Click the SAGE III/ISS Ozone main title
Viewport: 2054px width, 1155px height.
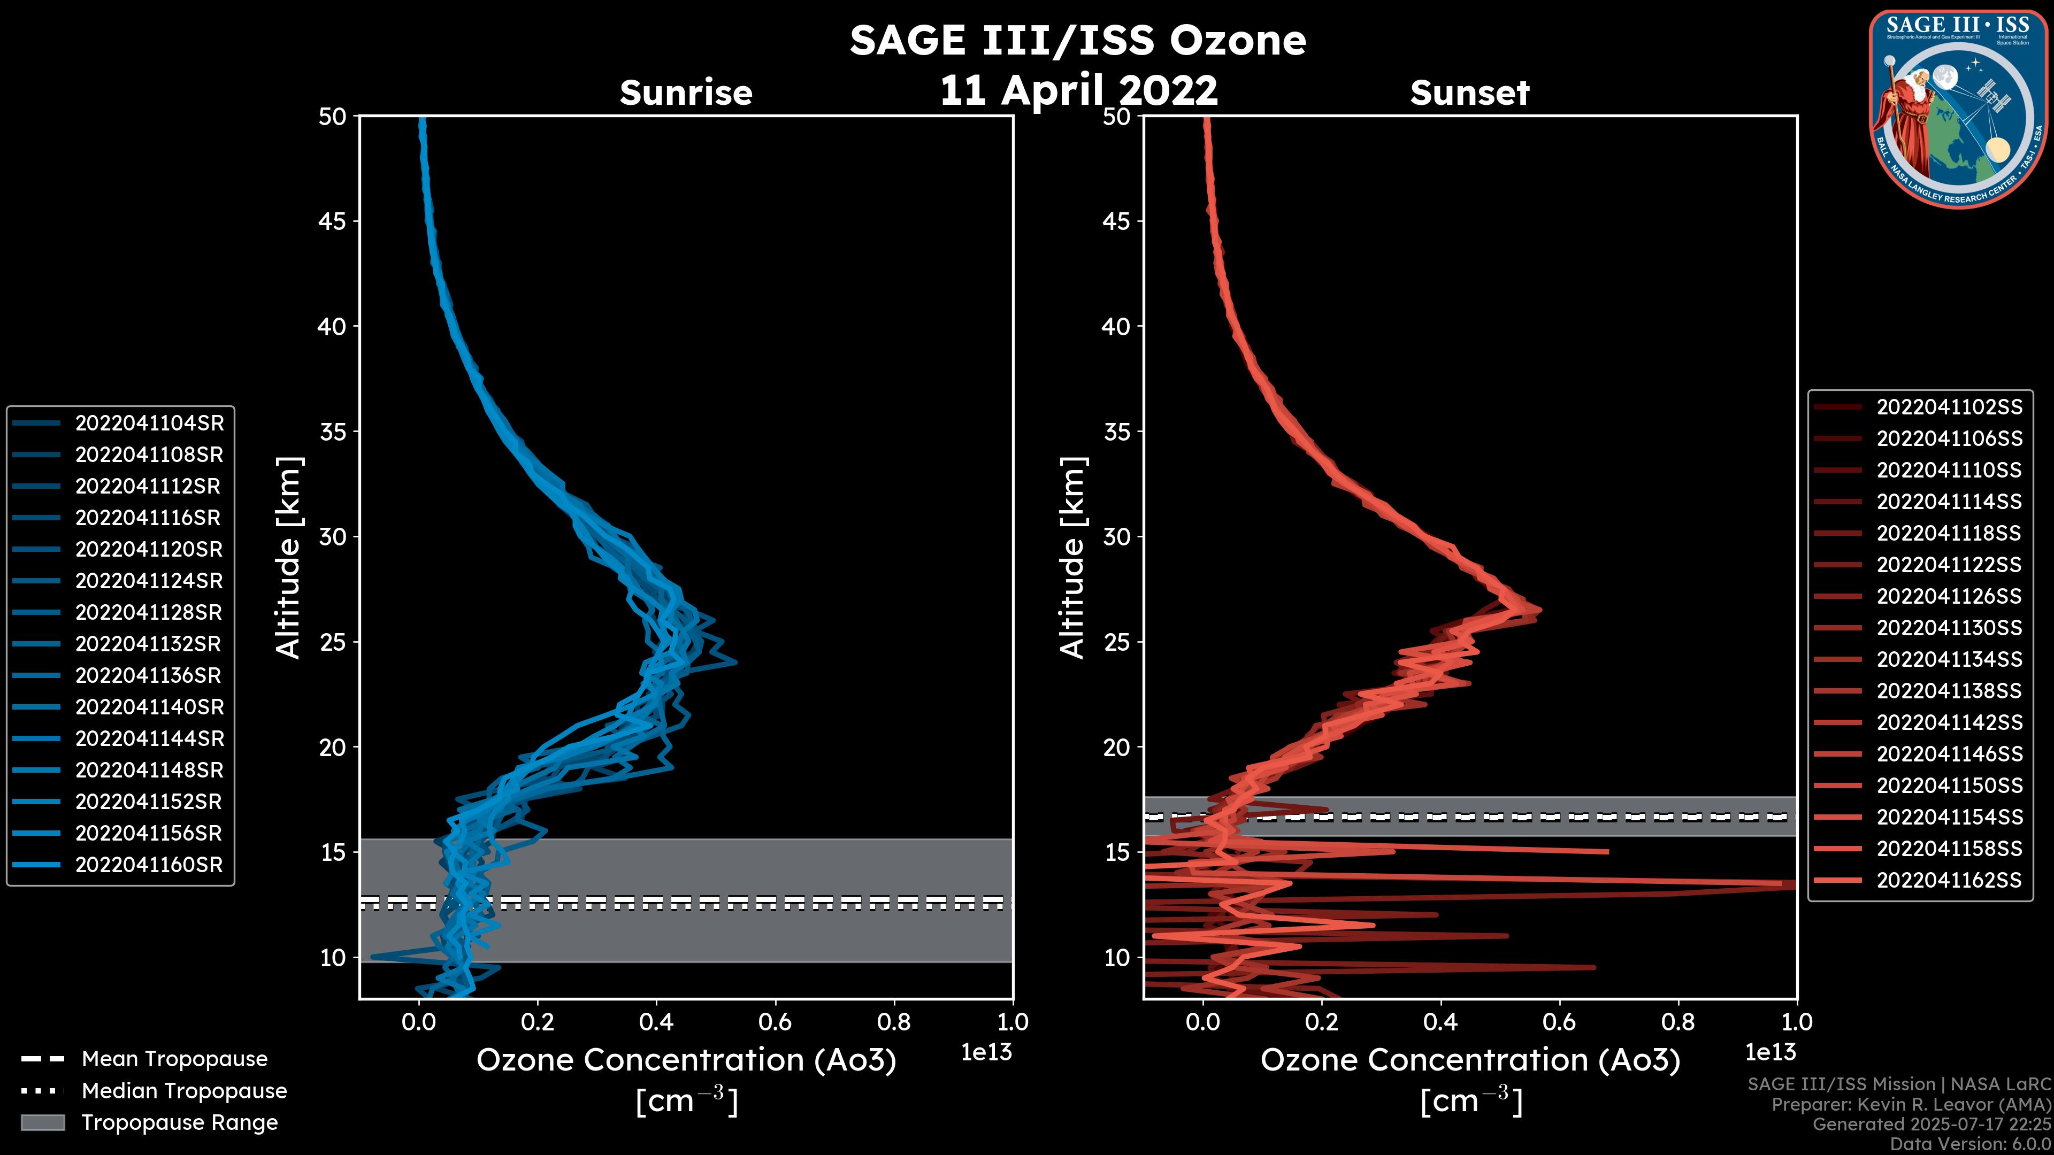(1077, 40)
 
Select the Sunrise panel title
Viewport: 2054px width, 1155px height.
(686, 93)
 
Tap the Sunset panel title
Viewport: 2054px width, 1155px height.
(1469, 93)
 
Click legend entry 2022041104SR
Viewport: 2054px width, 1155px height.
(149, 423)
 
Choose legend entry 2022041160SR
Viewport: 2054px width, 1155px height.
(149, 865)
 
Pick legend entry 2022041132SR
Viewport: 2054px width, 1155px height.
(149, 644)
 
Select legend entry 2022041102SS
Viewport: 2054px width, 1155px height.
(1949, 407)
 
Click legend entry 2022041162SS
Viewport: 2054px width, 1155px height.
(1949, 880)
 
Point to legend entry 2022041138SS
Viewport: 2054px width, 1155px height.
(1949, 691)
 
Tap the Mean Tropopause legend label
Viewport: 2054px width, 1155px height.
(174, 1059)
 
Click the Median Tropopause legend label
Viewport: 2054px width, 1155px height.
(184, 1091)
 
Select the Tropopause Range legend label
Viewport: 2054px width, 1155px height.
(179, 1123)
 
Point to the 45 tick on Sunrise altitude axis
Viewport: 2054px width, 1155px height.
(333, 221)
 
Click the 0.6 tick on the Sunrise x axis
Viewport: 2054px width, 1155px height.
(775, 1022)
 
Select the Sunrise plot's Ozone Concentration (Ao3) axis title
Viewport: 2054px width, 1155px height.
(686, 1061)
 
